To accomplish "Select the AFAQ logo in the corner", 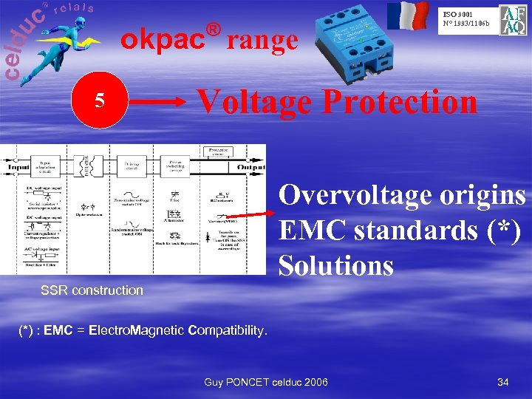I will (x=514, y=21).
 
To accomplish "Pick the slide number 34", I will (x=503, y=382).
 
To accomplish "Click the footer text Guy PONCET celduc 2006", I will (x=266, y=382).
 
